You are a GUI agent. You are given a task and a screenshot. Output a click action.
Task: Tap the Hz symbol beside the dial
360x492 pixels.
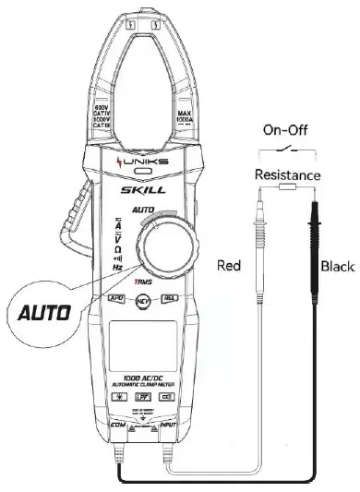(118, 267)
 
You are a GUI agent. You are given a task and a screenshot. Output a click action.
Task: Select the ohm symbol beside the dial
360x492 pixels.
(118, 247)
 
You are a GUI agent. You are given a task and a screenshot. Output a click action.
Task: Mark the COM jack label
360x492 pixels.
(117, 425)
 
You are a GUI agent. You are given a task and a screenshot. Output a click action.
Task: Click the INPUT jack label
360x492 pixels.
(169, 425)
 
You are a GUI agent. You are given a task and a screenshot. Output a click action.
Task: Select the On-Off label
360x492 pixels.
(287, 131)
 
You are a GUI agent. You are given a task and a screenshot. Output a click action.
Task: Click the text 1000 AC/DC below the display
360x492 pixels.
(143, 378)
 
